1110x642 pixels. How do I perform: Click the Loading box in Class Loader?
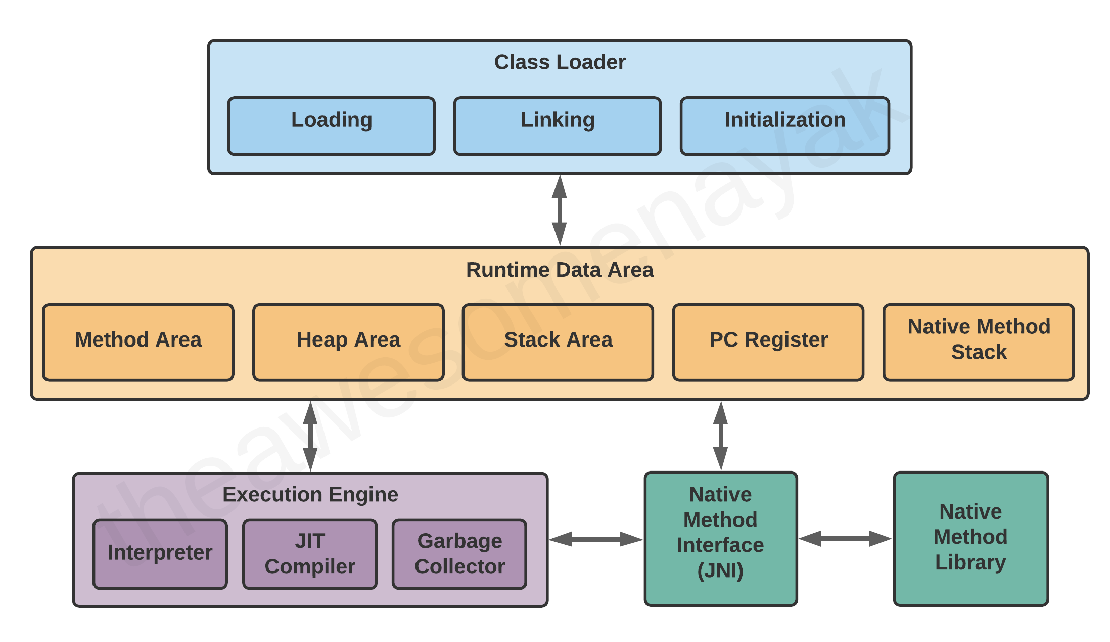(x=332, y=126)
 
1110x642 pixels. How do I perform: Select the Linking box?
(x=558, y=126)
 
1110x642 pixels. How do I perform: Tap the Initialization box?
(x=785, y=126)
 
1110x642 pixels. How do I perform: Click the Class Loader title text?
(x=560, y=62)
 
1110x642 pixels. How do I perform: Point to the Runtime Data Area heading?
(x=560, y=270)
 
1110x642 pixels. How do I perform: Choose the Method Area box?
(x=138, y=342)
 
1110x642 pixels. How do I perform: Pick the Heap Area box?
(x=349, y=342)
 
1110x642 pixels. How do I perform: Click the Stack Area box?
(x=558, y=342)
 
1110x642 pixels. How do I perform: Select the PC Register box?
(x=768, y=342)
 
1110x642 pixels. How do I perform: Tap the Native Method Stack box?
(x=979, y=342)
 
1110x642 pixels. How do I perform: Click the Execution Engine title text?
(x=310, y=495)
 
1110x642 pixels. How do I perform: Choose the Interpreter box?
(x=160, y=554)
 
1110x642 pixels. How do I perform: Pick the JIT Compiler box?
(x=310, y=554)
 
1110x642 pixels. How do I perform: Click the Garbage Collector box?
(x=459, y=554)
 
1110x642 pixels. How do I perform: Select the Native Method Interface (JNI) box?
(x=721, y=539)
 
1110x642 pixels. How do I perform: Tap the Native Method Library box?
(x=971, y=539)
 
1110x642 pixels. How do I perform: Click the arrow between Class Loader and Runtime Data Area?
(x=559, y=210)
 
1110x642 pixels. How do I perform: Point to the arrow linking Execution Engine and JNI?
(x=596, y=539)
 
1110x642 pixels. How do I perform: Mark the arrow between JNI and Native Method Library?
(x=845, y=539)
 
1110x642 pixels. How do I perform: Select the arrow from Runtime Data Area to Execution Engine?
(x=310, y=437)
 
